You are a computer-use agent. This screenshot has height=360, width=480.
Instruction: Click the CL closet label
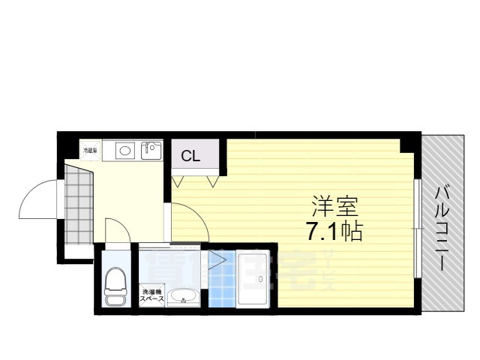pyautogui.click(x=190, y=157)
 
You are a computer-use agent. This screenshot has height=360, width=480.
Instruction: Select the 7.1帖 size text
pyautogui.click(x=334, y=231)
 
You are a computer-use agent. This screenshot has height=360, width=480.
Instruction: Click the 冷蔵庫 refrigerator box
pyautogui.click(x=91, y=151)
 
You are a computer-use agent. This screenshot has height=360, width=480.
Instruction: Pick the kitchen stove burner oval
pyautogui.click(x=124, y=151)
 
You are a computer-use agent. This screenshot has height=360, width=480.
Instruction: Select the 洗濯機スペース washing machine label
pyautogui.click(x=151, y=295)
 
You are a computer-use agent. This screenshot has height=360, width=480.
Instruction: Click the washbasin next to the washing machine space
pyautogui.click(x=182, y=297)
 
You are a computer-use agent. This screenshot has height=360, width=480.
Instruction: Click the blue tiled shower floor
pyautogui.click(x=221, y=280)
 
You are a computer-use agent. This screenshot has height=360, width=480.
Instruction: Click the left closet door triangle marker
pyautogui.click(x=178, y=181)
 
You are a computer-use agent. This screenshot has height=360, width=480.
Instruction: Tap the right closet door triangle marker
pyautogui.click(x=212, y=181)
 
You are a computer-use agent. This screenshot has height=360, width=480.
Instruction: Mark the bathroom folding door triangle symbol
pyautogui.click(x=218, y=260)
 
